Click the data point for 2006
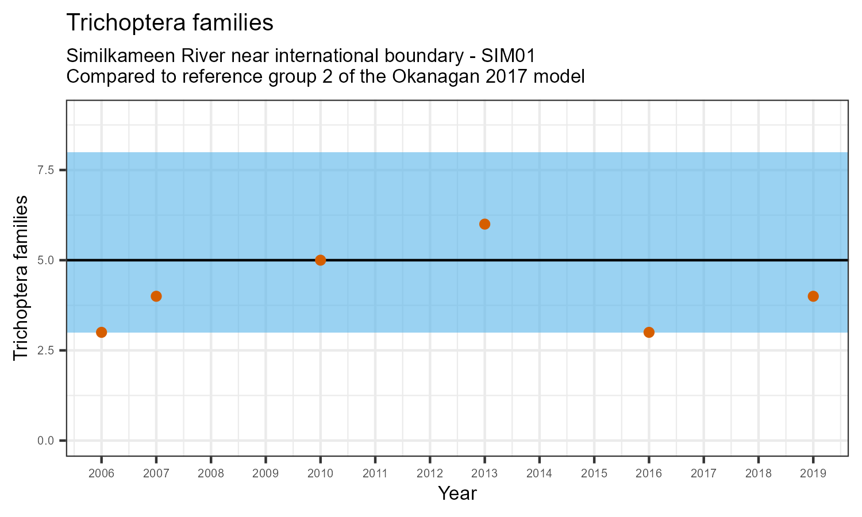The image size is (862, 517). tap(101, 332)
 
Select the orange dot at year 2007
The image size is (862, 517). tap(156, 296)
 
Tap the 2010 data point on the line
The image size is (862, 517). tap(321, 260)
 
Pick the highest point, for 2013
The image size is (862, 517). tap(484, 224)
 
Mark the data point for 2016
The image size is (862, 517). tap(649, 332)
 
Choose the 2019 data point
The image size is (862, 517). tap(813, 296)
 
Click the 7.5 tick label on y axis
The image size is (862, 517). tap(45, 170)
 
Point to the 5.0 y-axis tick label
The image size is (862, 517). tap(45, 260)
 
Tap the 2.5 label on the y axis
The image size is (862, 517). tap(45, 350)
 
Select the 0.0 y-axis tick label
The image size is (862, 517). tap(45, 441)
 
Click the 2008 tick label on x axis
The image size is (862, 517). tap(211, 474)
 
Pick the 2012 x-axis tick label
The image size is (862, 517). tap(430, 474)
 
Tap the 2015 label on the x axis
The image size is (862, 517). tap(594, 474)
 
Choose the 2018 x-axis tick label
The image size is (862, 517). tap(759, 474)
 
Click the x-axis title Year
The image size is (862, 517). tap(457, 493)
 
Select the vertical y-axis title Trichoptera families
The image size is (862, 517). tap(21, 277)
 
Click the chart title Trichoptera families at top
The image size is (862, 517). tap(170, 23)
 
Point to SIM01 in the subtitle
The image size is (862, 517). tap(509, 56)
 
